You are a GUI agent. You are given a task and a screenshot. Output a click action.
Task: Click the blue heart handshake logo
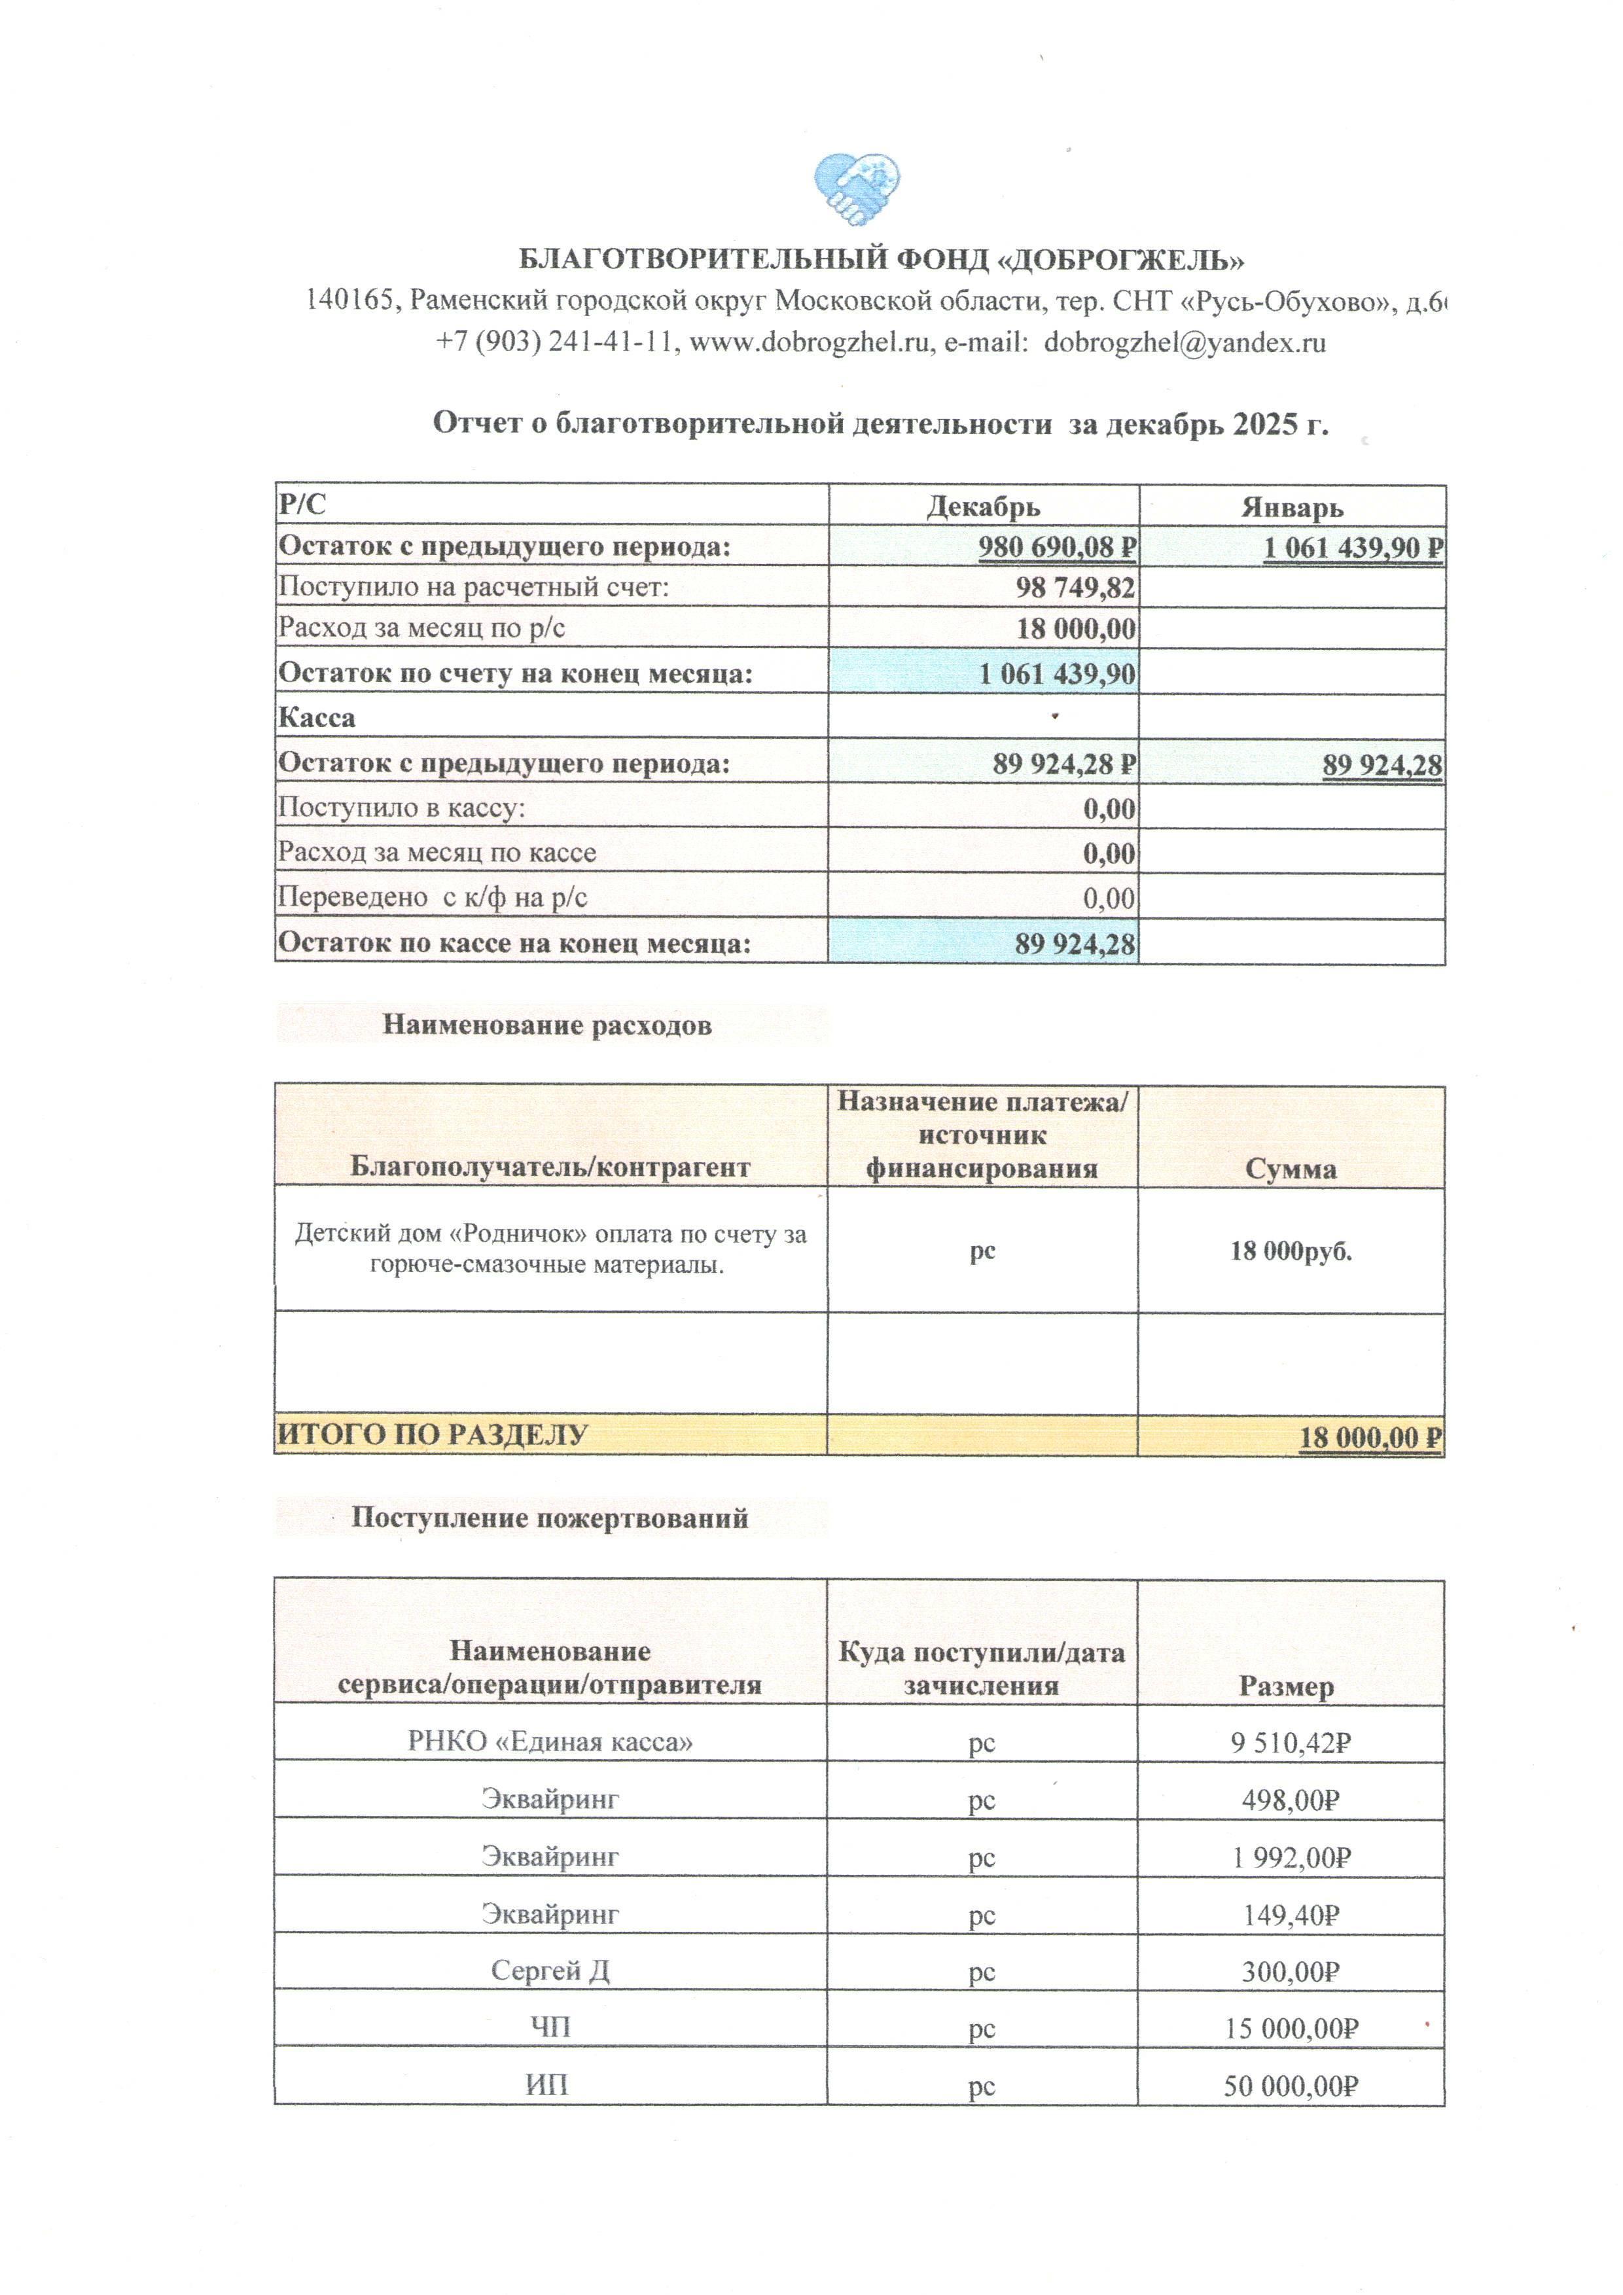[x=857, y=187]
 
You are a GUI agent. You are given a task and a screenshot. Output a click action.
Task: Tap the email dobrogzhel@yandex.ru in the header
[x=1185, y=343]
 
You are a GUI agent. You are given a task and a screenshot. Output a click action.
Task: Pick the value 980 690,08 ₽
[x=1056, y=548]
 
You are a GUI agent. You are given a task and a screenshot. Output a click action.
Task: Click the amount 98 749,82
[x=1075, y=588]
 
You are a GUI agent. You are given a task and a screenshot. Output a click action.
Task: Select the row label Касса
[x=317, y=718]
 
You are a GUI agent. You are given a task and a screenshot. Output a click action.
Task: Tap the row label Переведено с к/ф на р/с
[x=432, y=898]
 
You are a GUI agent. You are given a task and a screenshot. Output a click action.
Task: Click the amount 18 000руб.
[x=1290, y=1251]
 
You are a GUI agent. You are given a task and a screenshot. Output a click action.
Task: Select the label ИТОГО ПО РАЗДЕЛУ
[x=432, y=1434]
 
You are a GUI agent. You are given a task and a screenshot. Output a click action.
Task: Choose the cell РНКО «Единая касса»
[x=550, y=1742]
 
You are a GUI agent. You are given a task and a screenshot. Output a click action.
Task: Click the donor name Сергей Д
[x=550, y=1970]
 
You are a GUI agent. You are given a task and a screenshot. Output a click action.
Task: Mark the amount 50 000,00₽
[x=1290, y=2086]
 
